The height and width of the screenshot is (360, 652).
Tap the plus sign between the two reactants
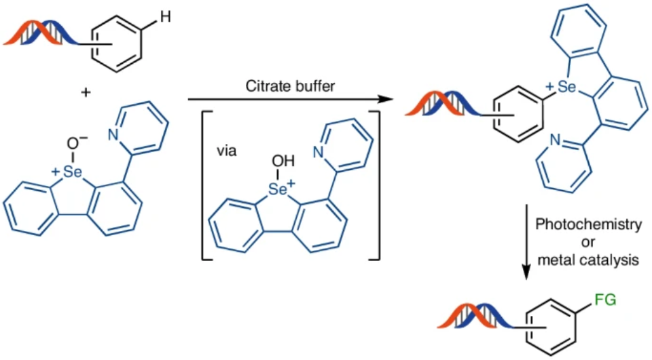click(x=85, y=91)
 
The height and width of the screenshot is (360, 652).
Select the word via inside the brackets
click(x=226, y=150)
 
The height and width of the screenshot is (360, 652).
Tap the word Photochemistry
click(x=588, y=224)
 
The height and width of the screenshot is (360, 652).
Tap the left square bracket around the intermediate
click(x=203, y=183)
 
